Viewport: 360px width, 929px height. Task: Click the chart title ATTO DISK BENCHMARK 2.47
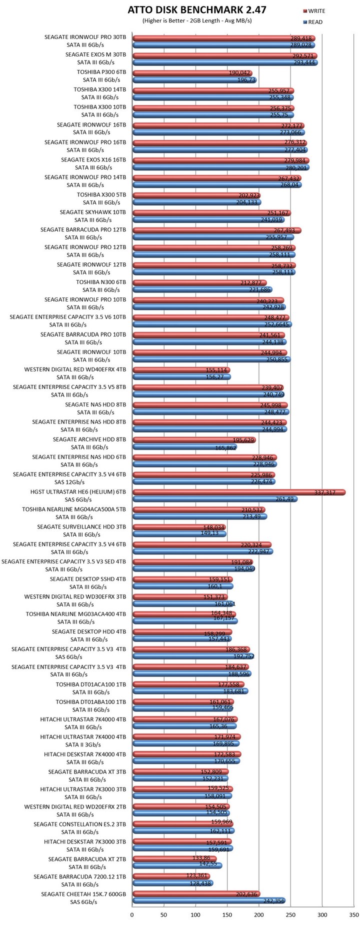(197, 9)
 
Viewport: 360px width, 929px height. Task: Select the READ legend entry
(314, 22)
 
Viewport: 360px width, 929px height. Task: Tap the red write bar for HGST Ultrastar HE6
(239, 492)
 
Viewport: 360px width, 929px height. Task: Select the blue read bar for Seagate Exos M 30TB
(225, 62)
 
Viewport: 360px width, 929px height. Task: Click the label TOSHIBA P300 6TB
(101, 72)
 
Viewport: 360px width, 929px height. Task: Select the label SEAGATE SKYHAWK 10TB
(93, 212)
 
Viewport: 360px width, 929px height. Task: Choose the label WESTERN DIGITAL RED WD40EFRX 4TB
(75, 369)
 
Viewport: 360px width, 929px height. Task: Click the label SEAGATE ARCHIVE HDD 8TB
(89, 439)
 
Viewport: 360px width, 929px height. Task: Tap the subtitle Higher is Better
(197, 20)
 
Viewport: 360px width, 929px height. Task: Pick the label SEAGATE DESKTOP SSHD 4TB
(88, 579)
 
